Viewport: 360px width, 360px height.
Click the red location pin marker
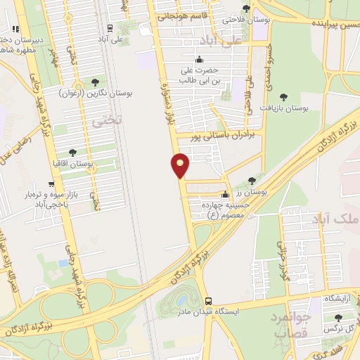click(x=180, y=165)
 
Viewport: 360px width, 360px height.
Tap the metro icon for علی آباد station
click(x=110, y=29)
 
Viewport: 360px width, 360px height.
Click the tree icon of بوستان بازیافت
click(x=283, y=97)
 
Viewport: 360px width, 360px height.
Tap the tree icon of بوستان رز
click(x=252, y=181)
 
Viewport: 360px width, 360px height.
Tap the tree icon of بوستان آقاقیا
click(x=73, y=152)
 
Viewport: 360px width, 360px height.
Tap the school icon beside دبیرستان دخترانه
click(x=15, y=29)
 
